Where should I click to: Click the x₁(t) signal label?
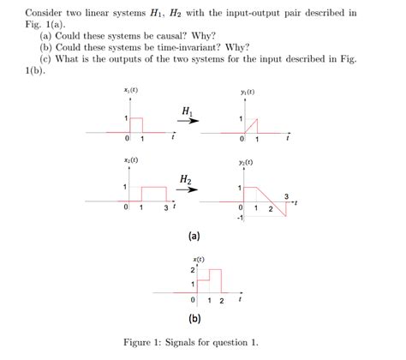pyautogui.click(x=130, y=91)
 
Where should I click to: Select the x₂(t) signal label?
pyautogui.click(x=130, y=160)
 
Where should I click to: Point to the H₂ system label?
pyautogui.click(x=187, y=178)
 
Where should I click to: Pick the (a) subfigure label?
pyautogui.click(x=194, y=233)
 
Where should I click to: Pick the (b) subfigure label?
pyautogui.click(x=194, y=317)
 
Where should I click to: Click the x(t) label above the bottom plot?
pyautogui.click(x=198, y=258)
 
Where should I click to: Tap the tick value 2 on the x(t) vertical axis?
pyautogui.click(x=193, y=270)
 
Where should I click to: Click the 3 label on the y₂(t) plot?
pyautogui.click(x=286, y=195)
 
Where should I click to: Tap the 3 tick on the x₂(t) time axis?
pyautogui.click(x=165, y=207)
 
